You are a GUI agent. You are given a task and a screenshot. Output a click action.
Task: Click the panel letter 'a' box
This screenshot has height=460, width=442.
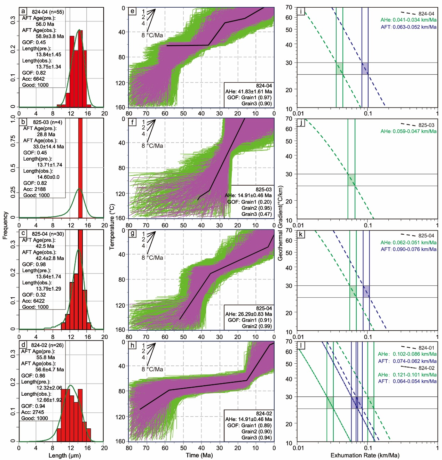23,11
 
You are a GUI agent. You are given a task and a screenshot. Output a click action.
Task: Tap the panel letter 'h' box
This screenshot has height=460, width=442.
133,346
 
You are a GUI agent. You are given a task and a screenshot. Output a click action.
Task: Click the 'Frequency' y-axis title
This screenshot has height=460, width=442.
5,225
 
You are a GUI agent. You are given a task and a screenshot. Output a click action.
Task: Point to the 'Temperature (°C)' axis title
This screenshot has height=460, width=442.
112,227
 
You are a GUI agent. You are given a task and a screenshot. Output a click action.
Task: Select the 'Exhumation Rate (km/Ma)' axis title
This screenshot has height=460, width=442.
365,455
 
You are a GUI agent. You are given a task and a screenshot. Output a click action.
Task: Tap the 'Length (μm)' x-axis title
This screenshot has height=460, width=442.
65,455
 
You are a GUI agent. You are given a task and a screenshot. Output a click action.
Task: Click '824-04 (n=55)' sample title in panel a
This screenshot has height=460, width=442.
48,12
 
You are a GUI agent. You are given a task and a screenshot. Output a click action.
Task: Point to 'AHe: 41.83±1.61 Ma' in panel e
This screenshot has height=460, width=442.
248,91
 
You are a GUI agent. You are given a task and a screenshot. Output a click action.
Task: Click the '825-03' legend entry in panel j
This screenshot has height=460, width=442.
426,125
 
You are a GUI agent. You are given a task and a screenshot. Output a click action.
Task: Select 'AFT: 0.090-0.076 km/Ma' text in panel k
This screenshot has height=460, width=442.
408,249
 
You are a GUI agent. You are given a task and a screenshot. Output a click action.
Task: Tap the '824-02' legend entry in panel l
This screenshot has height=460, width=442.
426,368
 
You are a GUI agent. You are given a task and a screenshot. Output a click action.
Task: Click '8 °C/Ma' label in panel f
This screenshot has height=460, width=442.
152,146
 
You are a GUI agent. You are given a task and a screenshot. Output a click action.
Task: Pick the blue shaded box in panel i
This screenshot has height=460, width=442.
365,68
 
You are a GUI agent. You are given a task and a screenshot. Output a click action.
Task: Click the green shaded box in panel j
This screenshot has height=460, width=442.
351,180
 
